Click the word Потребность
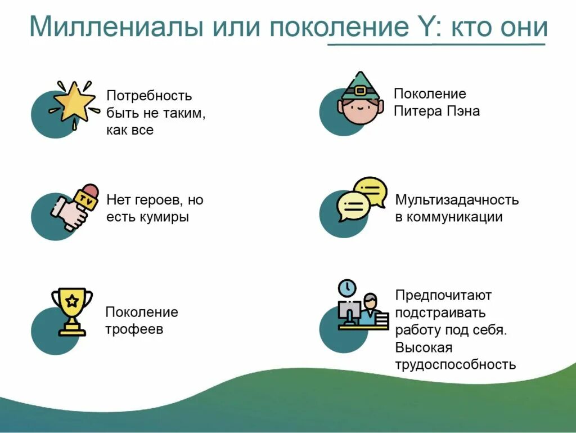(148, 96)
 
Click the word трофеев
(134, 329)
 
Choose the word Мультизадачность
(457, 200)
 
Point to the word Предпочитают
(443, 294)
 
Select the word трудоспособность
(455, 364)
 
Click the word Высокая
(424, 347)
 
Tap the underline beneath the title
(436, 44)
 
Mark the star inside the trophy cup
(72, 301)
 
